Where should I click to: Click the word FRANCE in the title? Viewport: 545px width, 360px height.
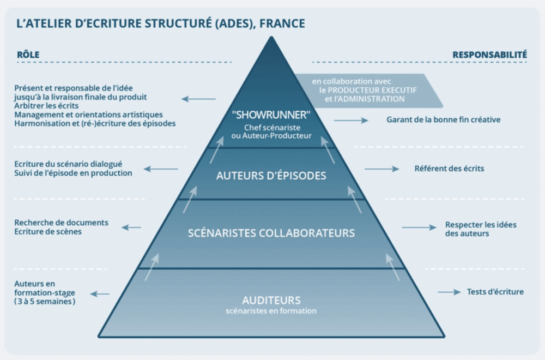282,23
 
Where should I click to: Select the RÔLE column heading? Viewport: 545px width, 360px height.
28,54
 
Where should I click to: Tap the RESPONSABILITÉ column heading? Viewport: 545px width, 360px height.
490,55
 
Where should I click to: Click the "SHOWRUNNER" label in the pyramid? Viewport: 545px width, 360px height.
271,115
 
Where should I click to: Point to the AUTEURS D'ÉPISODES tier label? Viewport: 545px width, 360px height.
271,175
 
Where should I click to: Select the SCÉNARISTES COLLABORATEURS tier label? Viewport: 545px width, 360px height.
271,233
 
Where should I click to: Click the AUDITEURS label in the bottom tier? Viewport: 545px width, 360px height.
271,300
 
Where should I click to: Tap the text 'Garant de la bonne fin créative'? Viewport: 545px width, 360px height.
444,119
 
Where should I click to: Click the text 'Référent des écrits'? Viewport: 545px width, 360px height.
449,169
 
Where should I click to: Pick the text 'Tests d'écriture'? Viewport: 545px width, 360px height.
495,291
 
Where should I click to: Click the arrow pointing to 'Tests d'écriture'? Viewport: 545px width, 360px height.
449,292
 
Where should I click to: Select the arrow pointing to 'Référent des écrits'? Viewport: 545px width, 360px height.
381,169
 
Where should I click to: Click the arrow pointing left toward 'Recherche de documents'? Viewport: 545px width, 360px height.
131,227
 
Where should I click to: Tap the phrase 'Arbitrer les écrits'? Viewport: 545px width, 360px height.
46,105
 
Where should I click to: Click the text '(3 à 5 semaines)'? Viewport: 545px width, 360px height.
45,301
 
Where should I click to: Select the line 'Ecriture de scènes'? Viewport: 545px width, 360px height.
48,231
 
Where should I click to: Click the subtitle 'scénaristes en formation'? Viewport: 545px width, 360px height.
271,310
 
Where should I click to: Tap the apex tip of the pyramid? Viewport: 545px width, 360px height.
271,37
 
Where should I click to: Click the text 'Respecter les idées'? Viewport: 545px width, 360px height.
481,225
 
